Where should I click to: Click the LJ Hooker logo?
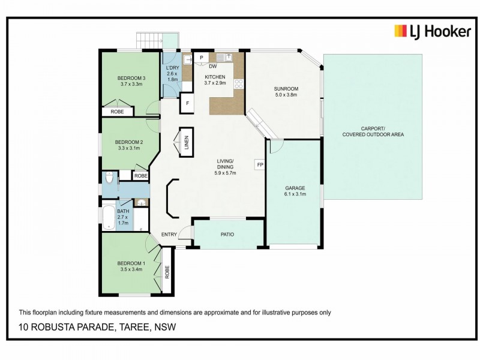(432, 31)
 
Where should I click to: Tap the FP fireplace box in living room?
(260, 164)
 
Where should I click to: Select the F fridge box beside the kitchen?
(188, 103)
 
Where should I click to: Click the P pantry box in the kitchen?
(201, 58)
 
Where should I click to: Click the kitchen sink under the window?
(226, 58)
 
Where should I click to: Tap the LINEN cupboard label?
(186, 143)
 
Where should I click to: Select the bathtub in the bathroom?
(109, 219)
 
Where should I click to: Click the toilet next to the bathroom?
(109, 179)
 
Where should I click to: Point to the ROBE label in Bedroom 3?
(117, 112)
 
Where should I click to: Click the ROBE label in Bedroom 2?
(140, 176)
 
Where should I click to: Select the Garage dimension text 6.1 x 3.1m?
(295, 194)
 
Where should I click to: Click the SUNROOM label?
(286, 89)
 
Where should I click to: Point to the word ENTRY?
(169, 235)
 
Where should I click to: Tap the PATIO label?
(227, 235)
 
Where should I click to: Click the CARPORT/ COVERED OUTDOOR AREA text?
(373, 131)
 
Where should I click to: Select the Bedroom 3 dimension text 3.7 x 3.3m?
(131, 84)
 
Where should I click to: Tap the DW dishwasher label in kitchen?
(213, 67)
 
